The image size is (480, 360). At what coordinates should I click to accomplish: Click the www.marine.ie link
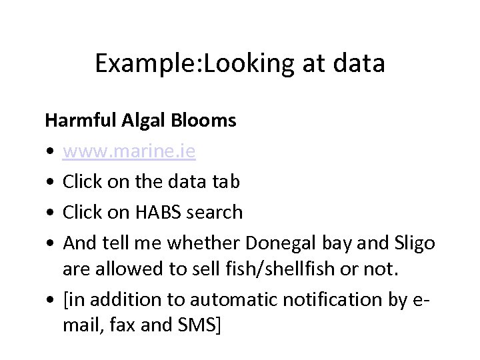click(129, 151)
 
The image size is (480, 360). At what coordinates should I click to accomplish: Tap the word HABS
click(159, 213)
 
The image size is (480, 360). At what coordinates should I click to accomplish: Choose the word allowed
click(123, 269)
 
